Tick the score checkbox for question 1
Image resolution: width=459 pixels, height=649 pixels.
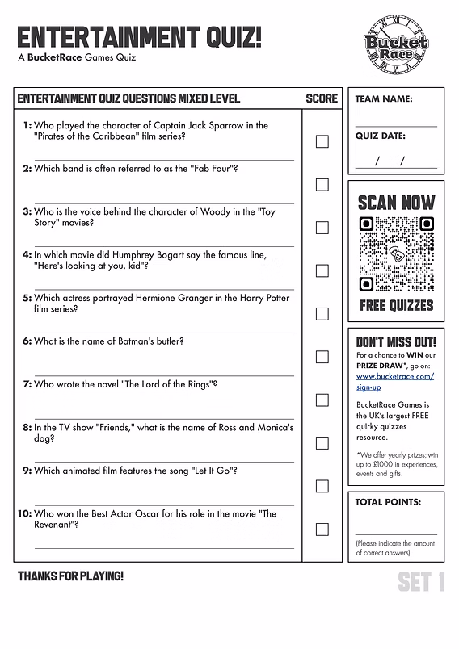coord(322,141)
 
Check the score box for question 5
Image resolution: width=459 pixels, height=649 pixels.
coord(322,313)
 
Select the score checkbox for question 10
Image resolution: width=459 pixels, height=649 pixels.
coord(322,530)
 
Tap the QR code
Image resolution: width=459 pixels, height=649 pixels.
coord(396,255)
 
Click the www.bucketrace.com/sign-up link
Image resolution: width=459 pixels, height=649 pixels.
coord(394,381)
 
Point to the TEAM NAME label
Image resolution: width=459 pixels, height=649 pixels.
coord(384,99)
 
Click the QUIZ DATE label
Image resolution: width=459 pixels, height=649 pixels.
coord(381,136)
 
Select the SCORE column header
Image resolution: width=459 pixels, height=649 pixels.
coord(322,98)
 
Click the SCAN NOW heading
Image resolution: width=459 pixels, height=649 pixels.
coord(396,202)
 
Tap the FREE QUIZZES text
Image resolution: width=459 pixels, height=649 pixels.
coord(396,306)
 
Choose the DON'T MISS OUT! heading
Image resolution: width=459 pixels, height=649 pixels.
coord(396,341)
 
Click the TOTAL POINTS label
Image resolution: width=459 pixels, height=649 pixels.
coord(388,502)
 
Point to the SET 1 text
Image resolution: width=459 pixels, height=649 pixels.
coord(420,582)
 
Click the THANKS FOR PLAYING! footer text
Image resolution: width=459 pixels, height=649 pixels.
coord(70,576)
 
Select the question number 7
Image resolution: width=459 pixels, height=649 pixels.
coord(26,384)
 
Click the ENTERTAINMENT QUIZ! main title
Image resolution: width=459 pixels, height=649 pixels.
coord(140,38)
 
